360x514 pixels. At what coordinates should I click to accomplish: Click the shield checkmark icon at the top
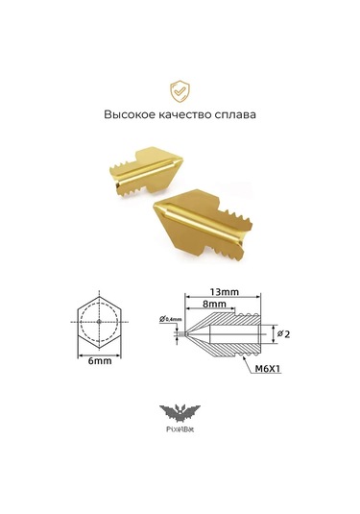click(x=180, y=90)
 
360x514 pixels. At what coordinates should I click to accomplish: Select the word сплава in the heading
click(x=236, y=113)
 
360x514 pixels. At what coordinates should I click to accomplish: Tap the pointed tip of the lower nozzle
click(x=159, y=207)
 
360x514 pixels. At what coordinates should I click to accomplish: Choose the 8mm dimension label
click(x=214, y=305)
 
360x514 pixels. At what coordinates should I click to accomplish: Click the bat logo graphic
click(x=180, y=414)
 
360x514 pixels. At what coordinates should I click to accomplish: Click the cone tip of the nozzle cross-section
click(x=186, y=332)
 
